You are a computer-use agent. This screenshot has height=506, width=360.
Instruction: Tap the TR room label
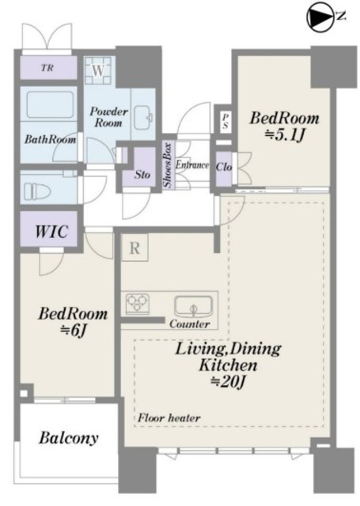(47, 68)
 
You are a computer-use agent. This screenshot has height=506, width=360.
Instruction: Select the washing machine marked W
(98, 70)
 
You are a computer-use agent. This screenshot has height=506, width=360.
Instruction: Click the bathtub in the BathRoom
(49, 105)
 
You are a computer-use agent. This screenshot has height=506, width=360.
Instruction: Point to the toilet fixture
(36, 191)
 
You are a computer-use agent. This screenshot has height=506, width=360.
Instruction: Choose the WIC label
(51, 231)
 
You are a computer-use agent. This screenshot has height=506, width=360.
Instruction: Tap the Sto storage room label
(142, 175)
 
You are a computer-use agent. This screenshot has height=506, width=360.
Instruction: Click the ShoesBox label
(168, 165)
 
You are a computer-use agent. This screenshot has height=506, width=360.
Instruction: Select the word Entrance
(191, 165)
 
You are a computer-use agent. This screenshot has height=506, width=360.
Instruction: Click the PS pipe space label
(225, 120)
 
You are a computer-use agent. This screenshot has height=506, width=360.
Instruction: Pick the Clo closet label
(223, 167)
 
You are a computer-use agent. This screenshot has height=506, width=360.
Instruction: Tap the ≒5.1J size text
(285, 136)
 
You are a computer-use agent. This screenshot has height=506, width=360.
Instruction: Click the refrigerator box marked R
(135, 247)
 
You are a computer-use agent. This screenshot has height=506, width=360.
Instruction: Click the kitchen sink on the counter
(193, 307)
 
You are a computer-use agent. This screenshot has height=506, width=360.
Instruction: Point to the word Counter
(190, 323)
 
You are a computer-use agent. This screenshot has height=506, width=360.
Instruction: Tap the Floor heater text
(169, 418)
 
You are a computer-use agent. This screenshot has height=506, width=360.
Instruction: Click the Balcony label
(69, 438)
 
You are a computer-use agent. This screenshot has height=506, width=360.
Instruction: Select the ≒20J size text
(228, 383)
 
